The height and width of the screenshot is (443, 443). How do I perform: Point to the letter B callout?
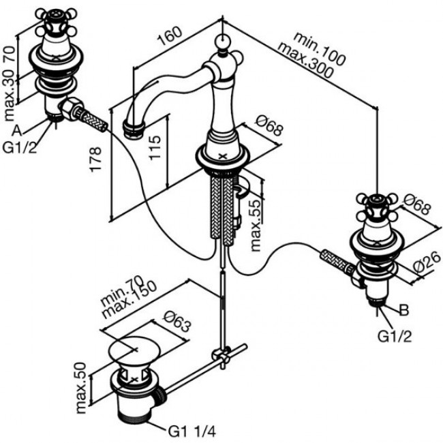point(403,311)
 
